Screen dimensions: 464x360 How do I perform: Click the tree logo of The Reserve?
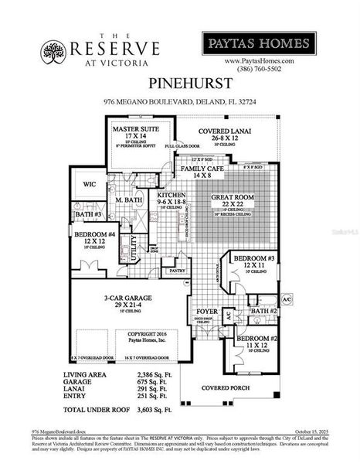[53, 52]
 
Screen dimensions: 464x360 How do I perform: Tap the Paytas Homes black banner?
[259, 43]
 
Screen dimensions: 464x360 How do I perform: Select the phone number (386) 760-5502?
[259, 68]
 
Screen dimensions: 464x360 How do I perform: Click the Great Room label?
[236, 197]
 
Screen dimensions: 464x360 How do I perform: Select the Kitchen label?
[172, 196]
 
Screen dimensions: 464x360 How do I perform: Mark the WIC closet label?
[88, 186]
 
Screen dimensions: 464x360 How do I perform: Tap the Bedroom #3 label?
[252, 260]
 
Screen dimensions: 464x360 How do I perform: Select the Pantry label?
[177, 271]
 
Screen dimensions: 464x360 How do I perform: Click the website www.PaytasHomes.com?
[259, 60]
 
